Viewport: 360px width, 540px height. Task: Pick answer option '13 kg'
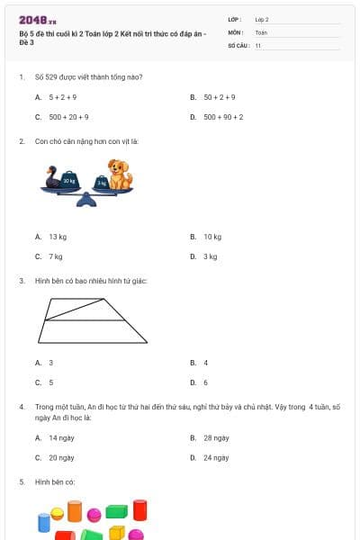click(58, 237)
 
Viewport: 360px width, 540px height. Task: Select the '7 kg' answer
click(56, 256)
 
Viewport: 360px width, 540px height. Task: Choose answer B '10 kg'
click(212, 237)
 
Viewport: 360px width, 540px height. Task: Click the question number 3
click(21, 281)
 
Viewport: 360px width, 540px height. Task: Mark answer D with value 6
click(205, 382)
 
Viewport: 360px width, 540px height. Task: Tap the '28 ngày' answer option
click(216, 437)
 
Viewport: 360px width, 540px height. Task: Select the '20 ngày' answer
click(61, 457)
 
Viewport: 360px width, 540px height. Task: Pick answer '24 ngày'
click(216, 457)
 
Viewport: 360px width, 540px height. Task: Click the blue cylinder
click(43, 523)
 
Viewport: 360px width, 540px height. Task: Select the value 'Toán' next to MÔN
click(261, 31)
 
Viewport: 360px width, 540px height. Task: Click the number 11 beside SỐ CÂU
click(258, 45)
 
